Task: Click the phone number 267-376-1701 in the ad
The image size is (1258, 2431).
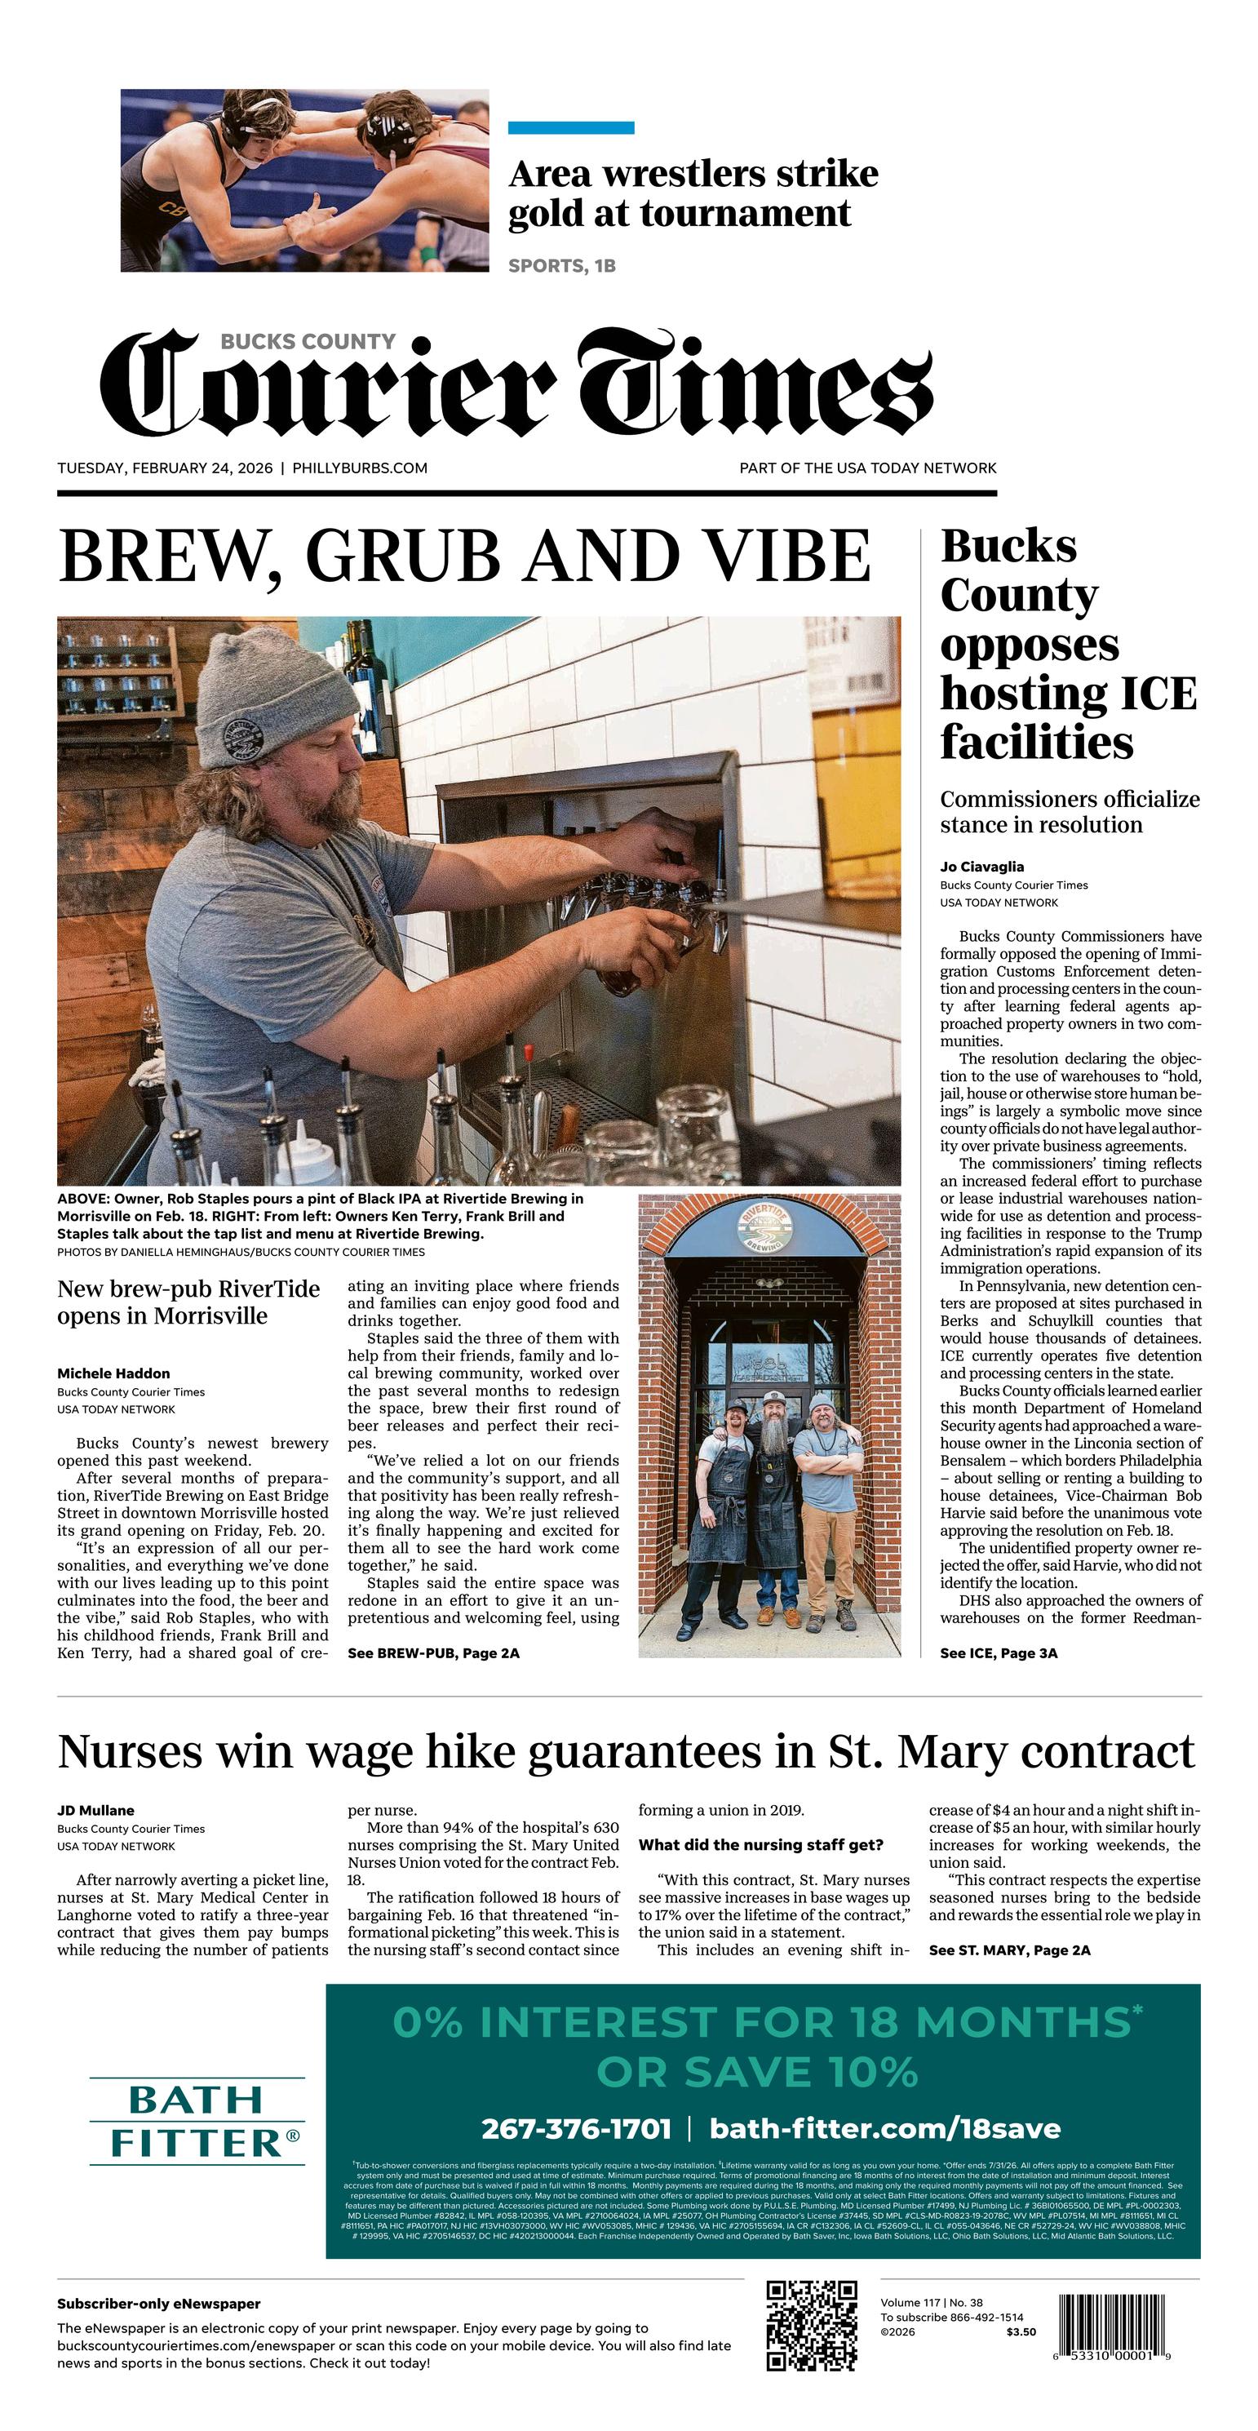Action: (576, 2129)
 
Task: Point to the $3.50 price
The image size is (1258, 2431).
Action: (1020, 2332)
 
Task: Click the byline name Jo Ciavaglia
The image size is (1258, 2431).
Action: (981, 867)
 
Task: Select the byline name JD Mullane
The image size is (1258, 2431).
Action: (95, 1810)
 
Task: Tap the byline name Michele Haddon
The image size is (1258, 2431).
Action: (113, 1373)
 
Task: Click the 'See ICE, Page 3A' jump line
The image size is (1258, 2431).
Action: (999, 1652)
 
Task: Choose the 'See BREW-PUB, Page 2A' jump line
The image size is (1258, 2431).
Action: (433, 1652)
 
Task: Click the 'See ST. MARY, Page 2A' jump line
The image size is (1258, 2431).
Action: (1009, 1950)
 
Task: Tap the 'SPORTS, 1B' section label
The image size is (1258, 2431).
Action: (561, 266)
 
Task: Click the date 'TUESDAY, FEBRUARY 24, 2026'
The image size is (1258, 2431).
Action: (165, 468)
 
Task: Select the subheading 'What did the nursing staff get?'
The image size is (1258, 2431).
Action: (760, 1845)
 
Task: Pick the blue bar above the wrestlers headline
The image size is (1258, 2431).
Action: (571, 127)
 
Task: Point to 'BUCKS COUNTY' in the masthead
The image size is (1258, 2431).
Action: (308, 342)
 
